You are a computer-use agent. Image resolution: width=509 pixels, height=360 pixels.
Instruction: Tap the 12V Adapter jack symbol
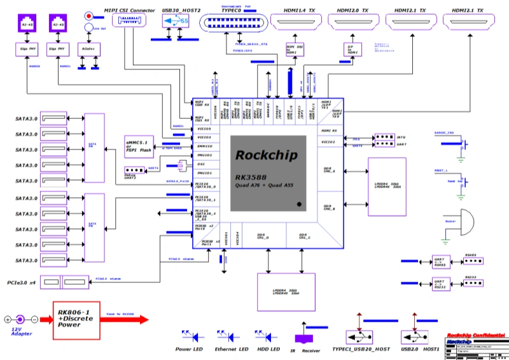[x=19, y=319]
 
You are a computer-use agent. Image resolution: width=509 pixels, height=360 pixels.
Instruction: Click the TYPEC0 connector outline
[x=232, y=23]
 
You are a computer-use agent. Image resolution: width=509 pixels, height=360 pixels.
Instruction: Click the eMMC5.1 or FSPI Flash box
[x=139, y=147]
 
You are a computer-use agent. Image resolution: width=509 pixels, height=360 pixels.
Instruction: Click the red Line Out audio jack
[x=88, y=15]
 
